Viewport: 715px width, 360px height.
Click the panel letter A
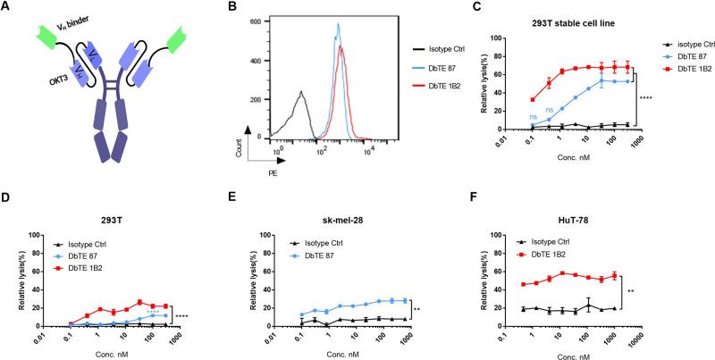pyautogui.click(x=8, y=9)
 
